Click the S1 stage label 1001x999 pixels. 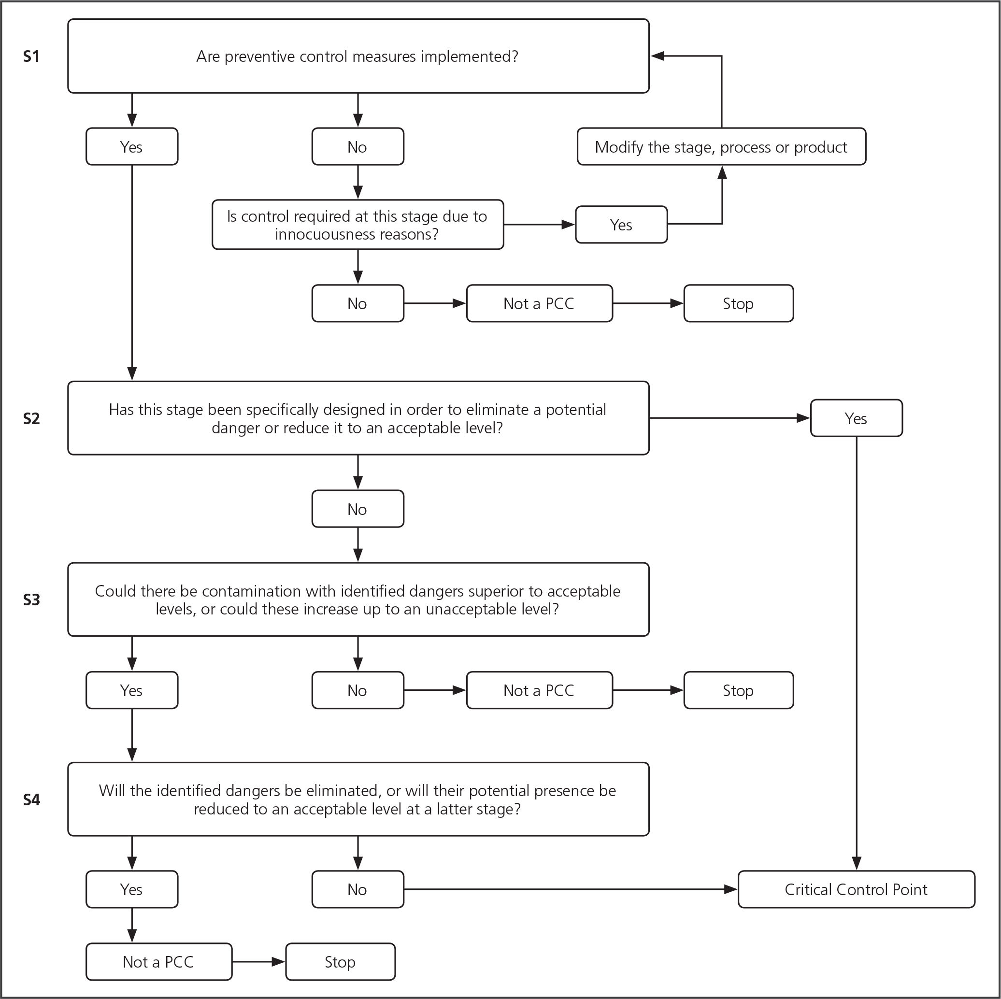pos(31,56)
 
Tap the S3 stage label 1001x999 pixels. pos(31,599)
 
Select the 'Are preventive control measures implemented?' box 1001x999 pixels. pos(358,56)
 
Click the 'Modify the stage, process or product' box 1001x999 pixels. pos(721,147)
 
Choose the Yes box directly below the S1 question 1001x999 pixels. pos(131,147)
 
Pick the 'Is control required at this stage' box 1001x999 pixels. pos(357,224)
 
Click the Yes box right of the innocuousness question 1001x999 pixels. pos(621,224)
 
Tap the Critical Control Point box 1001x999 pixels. pos(856,889)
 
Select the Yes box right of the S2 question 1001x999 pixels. pos(856,418)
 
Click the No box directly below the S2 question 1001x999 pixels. pos(357,509)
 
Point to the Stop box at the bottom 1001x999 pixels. pos(340,962)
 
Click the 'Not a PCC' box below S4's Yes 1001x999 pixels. pos(158,962)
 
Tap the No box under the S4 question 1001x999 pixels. pos(357,889)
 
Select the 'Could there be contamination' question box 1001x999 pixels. pos(358,599)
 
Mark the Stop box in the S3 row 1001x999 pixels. pos(738,690)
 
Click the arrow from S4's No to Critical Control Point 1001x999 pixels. pos(571,889)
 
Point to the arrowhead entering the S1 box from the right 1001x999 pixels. pos(658,56)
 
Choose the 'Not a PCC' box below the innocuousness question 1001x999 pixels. pos(539,303)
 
